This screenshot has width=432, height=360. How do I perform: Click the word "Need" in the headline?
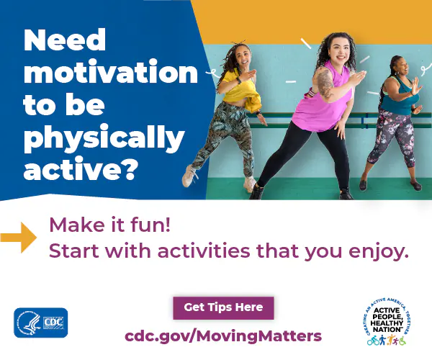coord(65,41)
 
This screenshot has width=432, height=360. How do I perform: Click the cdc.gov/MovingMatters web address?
coord(223,336)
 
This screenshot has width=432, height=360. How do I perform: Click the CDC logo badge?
coord(41,323)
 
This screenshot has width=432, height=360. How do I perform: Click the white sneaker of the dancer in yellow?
coord(190,176)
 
